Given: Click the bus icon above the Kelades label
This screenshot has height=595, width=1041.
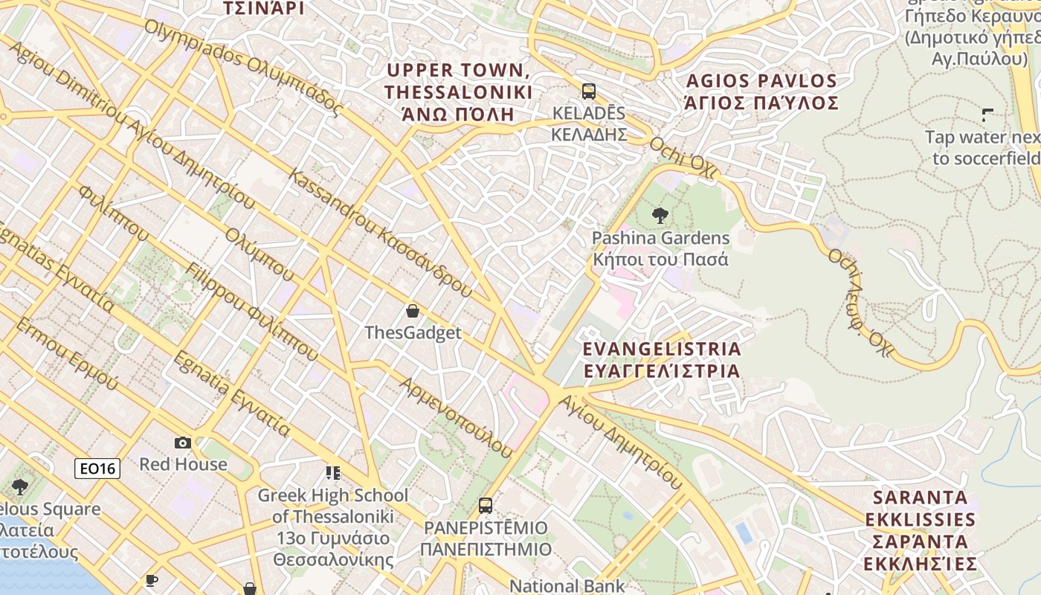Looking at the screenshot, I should (588, 91).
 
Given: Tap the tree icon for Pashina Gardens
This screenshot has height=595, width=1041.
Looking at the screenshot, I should (660, 216).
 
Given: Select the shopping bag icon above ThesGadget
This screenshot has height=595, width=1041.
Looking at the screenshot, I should (413, 311).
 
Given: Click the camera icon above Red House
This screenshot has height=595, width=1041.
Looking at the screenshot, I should (183, 443).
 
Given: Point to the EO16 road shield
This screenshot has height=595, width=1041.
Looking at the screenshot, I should (97, 468).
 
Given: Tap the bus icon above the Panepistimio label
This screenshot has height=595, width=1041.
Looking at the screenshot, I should (486, 506).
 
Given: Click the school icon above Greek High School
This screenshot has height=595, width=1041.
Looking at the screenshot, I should (332, 473).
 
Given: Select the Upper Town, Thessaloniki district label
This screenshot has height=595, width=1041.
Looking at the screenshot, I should (459, 92).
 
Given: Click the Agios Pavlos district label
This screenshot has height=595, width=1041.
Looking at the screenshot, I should (761, 91).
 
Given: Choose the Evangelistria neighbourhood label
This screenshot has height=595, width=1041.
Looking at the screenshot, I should (662, 360).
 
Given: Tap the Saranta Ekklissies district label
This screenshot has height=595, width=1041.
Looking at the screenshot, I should (921, 530).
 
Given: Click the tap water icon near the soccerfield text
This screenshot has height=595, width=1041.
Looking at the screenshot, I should (987, 115).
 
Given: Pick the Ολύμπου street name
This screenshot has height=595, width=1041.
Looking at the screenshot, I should (260, 254).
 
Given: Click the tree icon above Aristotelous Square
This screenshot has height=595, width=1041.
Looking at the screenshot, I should (20, 487).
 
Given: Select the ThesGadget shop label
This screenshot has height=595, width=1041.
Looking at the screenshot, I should (413, 333).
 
